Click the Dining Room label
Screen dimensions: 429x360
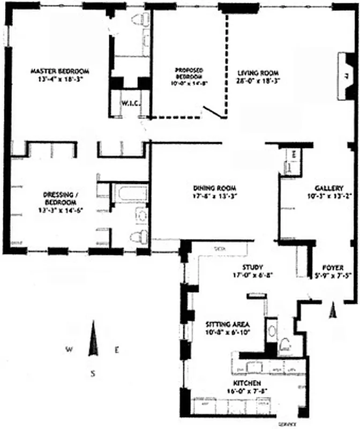coord(215,188)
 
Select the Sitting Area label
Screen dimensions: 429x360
coord(229,324)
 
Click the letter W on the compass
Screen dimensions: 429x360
coord(69,350)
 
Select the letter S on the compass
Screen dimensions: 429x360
coord(93,374)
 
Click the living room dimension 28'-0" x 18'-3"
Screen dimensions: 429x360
coord(259,80)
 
